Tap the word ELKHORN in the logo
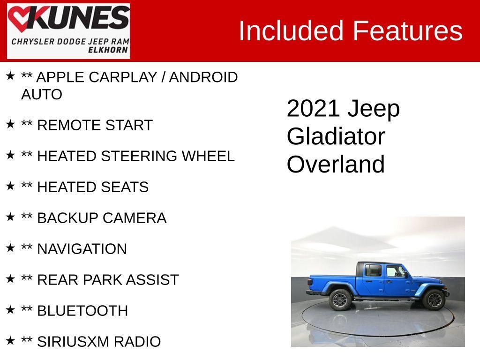[x=109, y=50]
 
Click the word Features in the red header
[x=407, y=31]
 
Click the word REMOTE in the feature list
[x=62, y=126]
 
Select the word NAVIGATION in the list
[x=82, y=249]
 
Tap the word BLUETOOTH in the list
[x=82, y=311]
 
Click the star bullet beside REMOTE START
[x=10, y=125]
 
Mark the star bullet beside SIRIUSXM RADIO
[x=10, y=341]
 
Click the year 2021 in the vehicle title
[x=313, y=109]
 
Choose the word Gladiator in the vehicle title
[x=336, y=136]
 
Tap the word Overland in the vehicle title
[x=336, y=165]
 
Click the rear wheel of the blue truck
[x=339, y=300]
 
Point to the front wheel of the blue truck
[x=434, y=300]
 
